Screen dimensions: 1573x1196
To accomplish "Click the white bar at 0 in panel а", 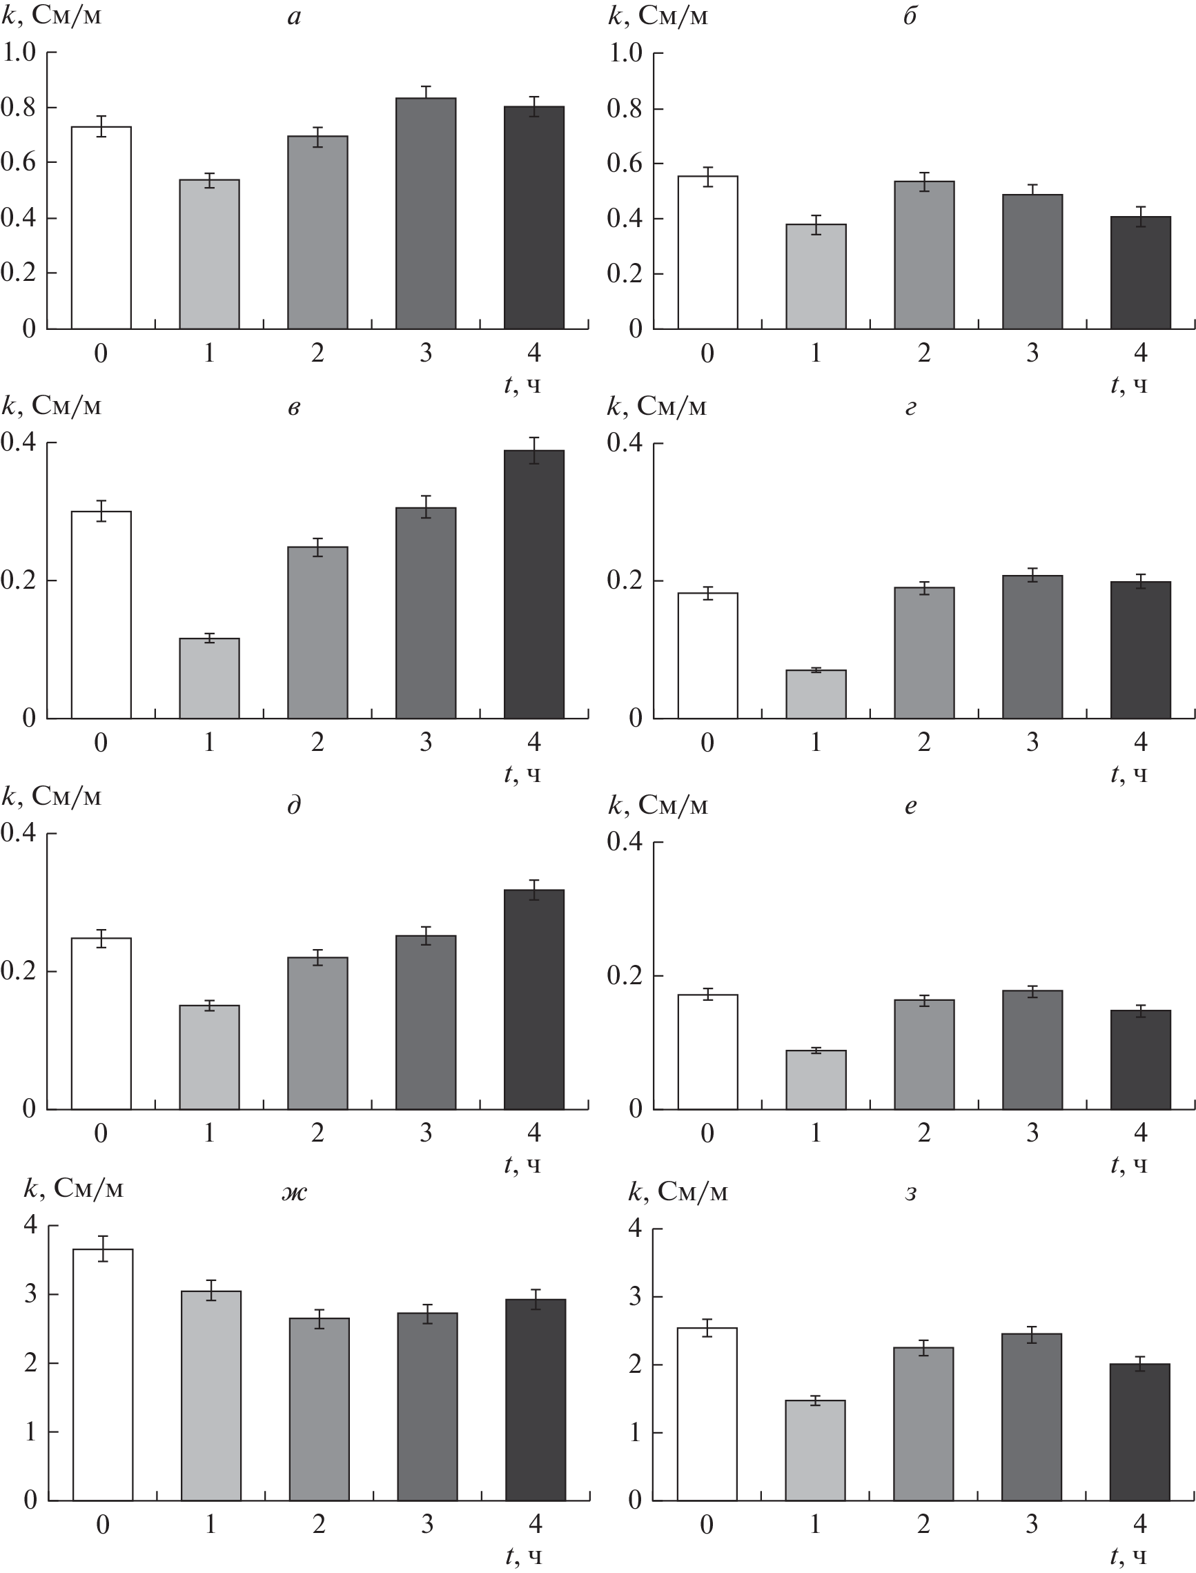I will coord(101,228).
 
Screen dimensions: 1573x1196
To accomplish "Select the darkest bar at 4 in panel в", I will coord(534,584).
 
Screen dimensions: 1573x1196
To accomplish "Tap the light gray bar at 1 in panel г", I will coord(816,694).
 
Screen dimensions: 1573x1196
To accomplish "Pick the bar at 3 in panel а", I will coord(426,214).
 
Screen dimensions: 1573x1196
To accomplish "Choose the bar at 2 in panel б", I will coord(924,255).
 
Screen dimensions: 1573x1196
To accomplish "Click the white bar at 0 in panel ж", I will coord(103,1374).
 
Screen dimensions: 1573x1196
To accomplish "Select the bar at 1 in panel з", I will coord(815,1451).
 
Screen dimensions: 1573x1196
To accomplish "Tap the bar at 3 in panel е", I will coord(1032,1050).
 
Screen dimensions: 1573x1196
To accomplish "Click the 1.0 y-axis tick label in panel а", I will coord(19,52).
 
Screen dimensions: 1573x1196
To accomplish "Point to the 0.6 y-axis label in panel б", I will coord(625,163).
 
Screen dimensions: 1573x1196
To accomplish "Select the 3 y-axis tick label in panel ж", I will coord(30,1294).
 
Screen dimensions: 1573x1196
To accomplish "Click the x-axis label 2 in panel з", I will coord(923,1524).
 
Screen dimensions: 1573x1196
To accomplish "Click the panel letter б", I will coord(910,16).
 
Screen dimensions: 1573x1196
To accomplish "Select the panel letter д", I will coord(294,805).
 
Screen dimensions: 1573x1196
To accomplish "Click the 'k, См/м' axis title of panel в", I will coord(51,406).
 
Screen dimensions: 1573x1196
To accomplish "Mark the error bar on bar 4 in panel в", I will coord(534,450).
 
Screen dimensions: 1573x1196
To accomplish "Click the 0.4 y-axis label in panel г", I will coord(625,443).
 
